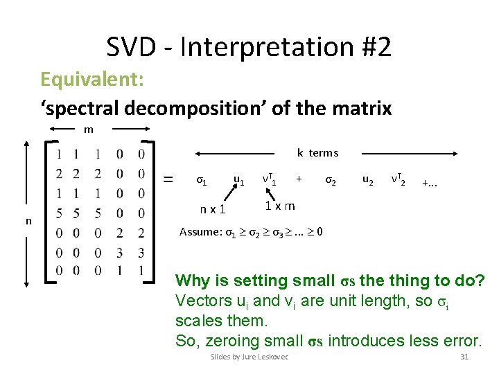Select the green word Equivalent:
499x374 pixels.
(91, 79)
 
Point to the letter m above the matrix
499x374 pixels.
(88, 130)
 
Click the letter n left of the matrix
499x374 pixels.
(28, 220)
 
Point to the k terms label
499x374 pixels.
(317, 152)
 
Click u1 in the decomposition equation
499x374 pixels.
(238, 181)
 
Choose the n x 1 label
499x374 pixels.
(216, 208)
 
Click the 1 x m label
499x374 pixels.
(281, 206)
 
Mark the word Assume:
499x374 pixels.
(200, 232)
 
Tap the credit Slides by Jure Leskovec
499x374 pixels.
(249, 357)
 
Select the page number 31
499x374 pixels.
(464, 357)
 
